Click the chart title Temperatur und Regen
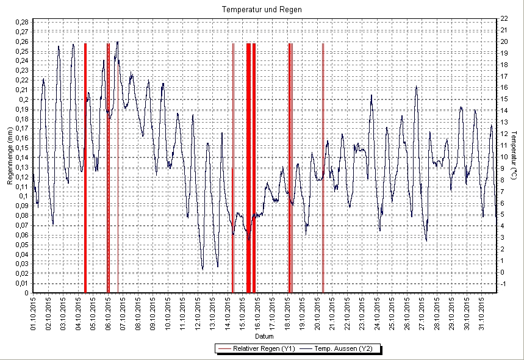pos(262,10)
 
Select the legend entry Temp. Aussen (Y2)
pos(345,348)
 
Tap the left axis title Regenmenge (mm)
pos(10,156)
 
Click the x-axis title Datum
pos(264,337)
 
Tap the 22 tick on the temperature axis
pos(504,18)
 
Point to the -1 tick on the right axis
pos(504,284)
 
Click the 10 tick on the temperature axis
pos(504,157)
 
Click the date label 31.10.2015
pos(482,314)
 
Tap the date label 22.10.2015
pos(347,314)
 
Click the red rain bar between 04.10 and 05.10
pos(85,168)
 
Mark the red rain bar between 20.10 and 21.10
pos(323,168)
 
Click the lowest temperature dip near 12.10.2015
pos(203,269)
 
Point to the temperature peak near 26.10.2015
pos(417,87)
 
